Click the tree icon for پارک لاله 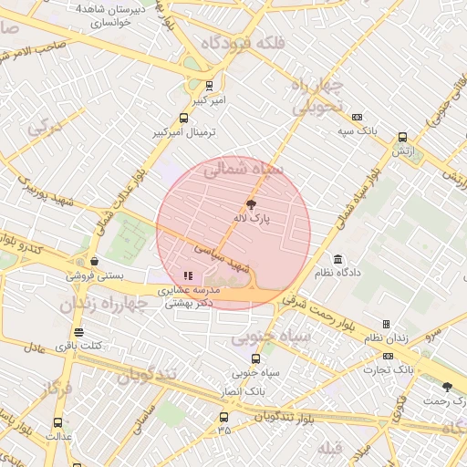click(x=252, y=205)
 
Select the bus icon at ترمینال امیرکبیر click(x=184, y=118)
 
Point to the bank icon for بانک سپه click(x=357, y=117)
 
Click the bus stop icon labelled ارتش click(x=402, y=138)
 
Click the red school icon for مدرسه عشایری click(x=188, y=275)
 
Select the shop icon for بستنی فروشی click(x=94, y=260)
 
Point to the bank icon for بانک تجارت click(x=389, y=356)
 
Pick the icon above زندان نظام click(x=386, y=324)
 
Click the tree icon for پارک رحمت click(x=447, y=388)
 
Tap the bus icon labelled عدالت click(x=58, y=423)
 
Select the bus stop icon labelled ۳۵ click(x=223, y=417)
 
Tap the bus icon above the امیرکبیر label click(x=209, y=86)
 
